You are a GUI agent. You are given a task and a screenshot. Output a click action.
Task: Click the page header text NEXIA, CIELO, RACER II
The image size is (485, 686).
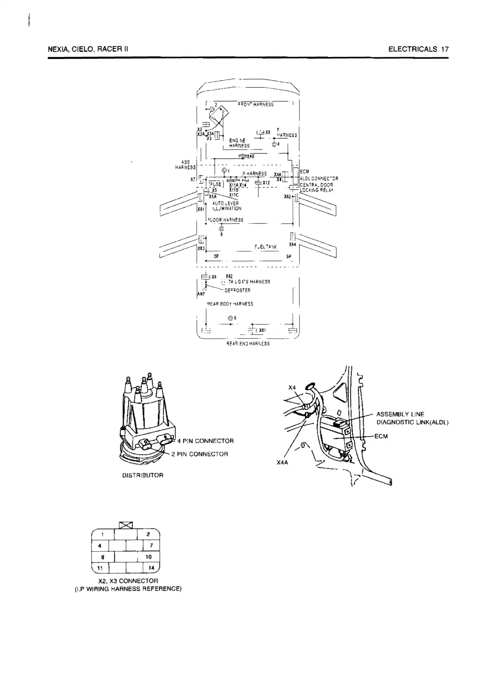pos(88,49)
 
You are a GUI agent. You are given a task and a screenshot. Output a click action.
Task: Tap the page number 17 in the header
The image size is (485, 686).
pos(445,49)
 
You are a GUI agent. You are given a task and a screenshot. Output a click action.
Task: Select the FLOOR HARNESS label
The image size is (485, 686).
pos(225,220)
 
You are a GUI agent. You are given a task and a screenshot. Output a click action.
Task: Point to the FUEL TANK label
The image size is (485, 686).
pos(265,247)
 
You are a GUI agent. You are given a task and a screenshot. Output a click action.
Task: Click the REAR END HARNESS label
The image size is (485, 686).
pos(248,344)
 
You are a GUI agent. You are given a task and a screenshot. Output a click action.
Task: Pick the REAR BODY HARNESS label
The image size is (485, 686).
pos(230,304)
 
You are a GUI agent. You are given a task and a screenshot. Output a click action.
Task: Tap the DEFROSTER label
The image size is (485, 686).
pos(237,290)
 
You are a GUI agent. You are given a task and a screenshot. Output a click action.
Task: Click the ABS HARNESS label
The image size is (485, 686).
pos(185,165)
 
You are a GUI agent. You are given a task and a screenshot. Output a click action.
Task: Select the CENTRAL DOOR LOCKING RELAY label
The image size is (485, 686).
pos(316,187)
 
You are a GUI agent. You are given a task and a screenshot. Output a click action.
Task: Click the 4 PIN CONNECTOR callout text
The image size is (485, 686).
pos(205,441)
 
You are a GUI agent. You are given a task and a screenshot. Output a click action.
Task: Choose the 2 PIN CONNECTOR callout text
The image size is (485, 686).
pos(199,454)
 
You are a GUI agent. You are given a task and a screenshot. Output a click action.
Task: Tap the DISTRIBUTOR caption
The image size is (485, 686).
pos(143,475)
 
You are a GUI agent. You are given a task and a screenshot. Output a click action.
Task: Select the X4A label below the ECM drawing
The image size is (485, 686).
pos(282,462)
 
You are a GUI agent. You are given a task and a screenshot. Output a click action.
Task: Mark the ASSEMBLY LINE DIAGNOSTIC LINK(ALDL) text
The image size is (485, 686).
pos(412,418)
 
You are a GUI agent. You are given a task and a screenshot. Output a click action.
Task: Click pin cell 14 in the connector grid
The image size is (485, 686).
pos(151,568)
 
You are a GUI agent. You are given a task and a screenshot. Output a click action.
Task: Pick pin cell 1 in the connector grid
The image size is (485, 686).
pos(103,534)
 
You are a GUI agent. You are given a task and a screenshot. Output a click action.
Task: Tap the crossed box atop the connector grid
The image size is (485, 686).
pos(126,525)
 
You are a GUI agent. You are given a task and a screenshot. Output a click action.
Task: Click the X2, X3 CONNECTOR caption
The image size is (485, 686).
pos(128,581)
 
